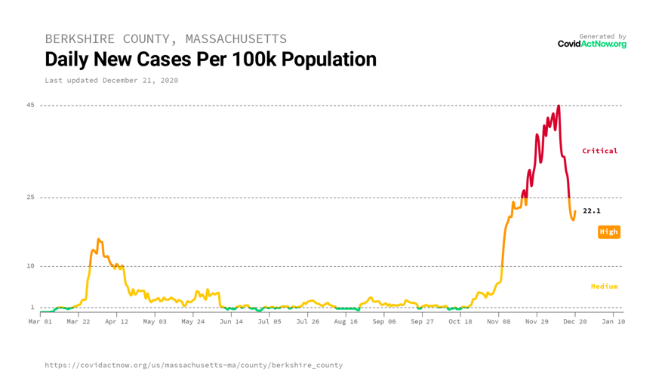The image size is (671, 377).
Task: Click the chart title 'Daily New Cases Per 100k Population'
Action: pos(210,59)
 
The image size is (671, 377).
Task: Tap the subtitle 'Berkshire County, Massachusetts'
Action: pos(165,38)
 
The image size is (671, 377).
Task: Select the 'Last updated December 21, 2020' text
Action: pos(111,80)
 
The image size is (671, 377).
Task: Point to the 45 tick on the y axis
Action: pos(30,105)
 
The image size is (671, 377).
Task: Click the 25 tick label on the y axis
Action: pos(30,198)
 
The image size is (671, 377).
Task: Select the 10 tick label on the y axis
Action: pos(30,266)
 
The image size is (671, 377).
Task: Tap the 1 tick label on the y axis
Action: pos(32,308)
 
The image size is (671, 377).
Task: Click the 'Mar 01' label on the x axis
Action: pos(40,321)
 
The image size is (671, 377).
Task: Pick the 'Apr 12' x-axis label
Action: pos(116,321)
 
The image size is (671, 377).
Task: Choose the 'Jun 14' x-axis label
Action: pos(231,321)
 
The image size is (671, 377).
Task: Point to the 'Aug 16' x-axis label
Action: pos(346,321)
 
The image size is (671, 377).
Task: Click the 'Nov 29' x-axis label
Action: pos(537,321)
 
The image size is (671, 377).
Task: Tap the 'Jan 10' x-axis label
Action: pos(613,321)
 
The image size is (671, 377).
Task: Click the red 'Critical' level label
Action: pos(599,151)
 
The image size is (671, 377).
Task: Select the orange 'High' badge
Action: pos(608,232)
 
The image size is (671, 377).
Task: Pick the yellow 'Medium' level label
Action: pos(604,287)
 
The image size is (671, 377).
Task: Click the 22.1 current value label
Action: pos(592,211)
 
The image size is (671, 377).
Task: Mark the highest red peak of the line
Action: pos(559,106)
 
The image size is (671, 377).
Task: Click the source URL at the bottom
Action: pos(193,365)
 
